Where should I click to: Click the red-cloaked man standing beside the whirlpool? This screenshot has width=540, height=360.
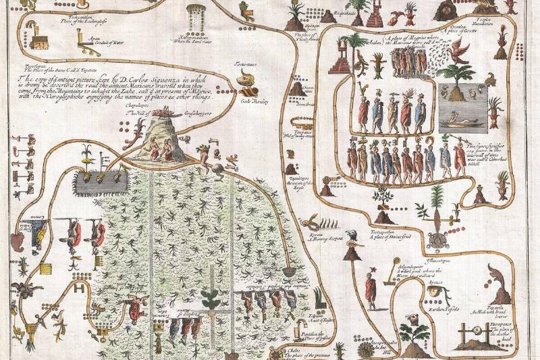click(370, 290)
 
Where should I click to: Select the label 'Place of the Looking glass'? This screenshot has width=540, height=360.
click(72, 22)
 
